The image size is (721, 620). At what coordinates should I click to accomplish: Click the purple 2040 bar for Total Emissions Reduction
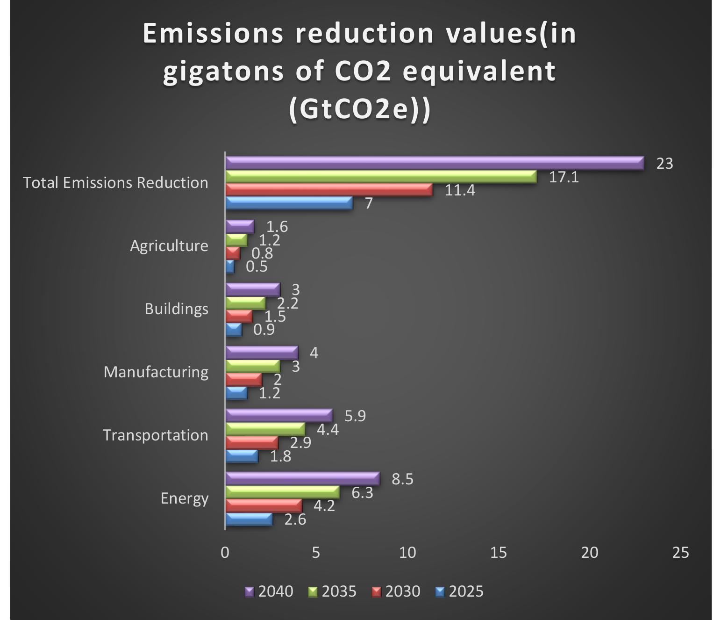coord(435,163)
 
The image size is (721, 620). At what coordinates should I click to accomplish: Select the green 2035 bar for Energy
coord(283,492)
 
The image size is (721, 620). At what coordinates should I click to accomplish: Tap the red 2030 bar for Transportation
coord(252,443)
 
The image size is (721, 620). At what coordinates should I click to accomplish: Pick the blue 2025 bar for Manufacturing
coord(237,393)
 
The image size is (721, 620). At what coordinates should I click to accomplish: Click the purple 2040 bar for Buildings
coord(253,290)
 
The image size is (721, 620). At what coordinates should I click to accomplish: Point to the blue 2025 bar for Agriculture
coord(230,267)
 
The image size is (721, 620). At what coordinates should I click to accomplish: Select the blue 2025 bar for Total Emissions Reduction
coord(290,203)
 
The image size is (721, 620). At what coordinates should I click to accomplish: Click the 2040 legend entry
coord(269,591)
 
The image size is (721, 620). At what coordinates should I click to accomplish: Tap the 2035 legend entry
coord(332,591)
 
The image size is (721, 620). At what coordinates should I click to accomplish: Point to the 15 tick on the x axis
coord(499,553)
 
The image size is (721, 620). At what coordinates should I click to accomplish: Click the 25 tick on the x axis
coord(680,553)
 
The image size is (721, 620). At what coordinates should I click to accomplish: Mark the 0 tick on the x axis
coord(225,553)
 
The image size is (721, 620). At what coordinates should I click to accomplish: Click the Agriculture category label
coord(169,246)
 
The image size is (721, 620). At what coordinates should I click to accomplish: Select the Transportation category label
coord(156,435)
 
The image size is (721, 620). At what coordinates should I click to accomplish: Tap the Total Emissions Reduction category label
coord(115,182)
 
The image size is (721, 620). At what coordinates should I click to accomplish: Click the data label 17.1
coord(564,177)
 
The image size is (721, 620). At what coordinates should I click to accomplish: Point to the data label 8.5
coord(402,479)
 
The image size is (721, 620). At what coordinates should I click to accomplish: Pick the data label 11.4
coord(460,190)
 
